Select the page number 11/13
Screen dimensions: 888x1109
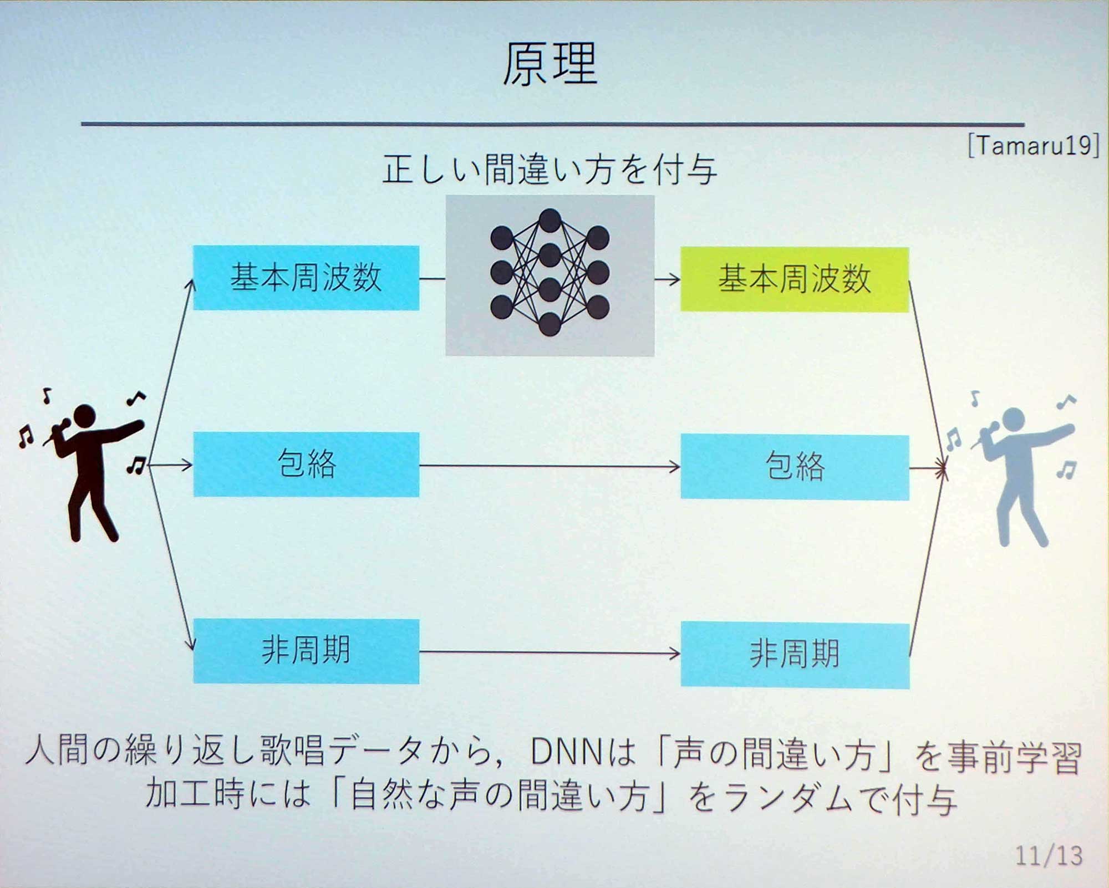(x=1049, y=855)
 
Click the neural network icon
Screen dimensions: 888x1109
(x=550, y=274)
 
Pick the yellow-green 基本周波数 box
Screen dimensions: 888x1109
(x=794, y=279)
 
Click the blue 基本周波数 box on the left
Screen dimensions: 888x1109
(x=306, y=277)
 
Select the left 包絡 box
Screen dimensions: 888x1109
(x=306, y=464)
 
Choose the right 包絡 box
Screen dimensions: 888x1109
(x=795, y=467)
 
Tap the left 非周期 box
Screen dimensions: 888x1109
(x=306, y=651)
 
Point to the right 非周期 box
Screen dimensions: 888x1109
(x=795, y=655)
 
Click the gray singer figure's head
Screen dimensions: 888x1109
(x=1014, y=419)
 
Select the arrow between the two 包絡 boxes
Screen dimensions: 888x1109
(x=549, y=466)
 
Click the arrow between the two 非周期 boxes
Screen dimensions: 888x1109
(x=549, y=653)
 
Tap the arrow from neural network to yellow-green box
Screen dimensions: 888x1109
(x=667, y=279)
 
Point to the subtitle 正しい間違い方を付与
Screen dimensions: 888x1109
(x=550, y=170)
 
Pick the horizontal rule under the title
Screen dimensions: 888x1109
(x=552, y=124)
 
